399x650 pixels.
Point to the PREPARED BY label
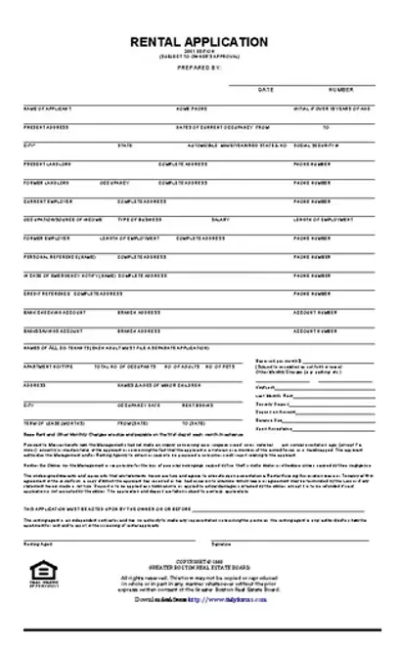200,67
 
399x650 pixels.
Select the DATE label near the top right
265,89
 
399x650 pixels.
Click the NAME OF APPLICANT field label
47,108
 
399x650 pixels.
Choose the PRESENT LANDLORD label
43,164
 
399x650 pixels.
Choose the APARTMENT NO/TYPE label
44,367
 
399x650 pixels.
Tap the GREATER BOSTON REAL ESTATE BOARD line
199,563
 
